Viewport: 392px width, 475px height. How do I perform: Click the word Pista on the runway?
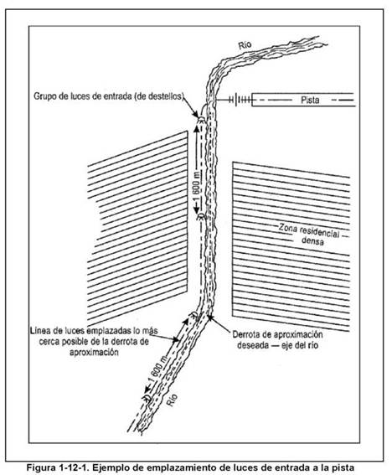[310, 100]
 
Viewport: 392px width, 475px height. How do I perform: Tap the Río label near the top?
[245, 45]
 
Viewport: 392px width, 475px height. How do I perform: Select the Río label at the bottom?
[172, 400]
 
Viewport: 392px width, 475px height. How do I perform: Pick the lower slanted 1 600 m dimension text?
[157, 370]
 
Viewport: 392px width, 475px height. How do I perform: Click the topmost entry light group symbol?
[201, 119]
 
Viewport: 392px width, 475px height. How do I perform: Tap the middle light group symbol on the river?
[200, 217]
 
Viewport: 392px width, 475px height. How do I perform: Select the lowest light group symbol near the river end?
[147, 398]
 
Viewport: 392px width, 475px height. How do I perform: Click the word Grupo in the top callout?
[43, 96]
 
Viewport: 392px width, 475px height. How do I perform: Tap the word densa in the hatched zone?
[313, 241]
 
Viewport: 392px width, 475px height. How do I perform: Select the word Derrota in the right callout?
[245, 334]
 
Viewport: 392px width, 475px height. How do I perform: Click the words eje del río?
[300, 345]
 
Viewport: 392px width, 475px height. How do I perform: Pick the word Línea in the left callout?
[39, 331]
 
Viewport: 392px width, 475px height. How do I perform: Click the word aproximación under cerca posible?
[94, 353]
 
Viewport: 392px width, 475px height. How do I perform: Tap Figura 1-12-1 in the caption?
[57, 467]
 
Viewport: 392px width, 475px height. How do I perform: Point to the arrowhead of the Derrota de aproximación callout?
[210, 318]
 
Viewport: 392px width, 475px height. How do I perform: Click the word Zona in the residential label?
[287, 227]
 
